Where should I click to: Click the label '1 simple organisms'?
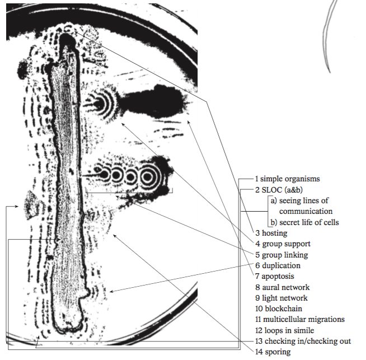[287, 179]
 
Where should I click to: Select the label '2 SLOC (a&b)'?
[279, 190]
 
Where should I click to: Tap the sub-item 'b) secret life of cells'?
[304, 222]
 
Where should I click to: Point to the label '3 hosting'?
[271, 233]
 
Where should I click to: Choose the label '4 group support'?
[283, 244]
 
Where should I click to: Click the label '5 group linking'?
[281, 255]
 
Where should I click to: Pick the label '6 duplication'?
[278, 265]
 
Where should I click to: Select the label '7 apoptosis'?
[274, 277]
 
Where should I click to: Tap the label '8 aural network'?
[283, 287]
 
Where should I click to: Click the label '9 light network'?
[281, 298]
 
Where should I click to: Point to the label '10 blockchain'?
[279, 308]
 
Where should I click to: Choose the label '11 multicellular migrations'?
[300, 319]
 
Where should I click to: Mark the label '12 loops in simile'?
[284, 330]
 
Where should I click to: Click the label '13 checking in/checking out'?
[303, 341]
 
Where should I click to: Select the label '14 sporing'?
[273, 352]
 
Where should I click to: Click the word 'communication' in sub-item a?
[306, 211]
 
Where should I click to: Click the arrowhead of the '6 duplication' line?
[111, 291]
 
